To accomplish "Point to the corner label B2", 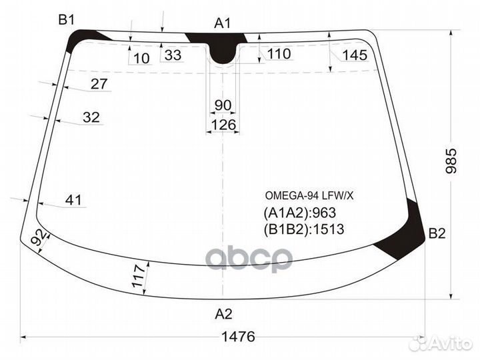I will [437, 233].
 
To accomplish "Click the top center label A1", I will [222, 23].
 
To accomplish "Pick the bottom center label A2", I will [223, 313].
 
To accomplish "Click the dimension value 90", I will [223, 105].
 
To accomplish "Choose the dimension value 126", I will [223, 125].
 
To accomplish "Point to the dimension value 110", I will [279, 54].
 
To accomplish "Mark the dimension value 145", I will [355, 55].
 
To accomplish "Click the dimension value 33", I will [173, 55].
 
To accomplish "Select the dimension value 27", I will [99, 84].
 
